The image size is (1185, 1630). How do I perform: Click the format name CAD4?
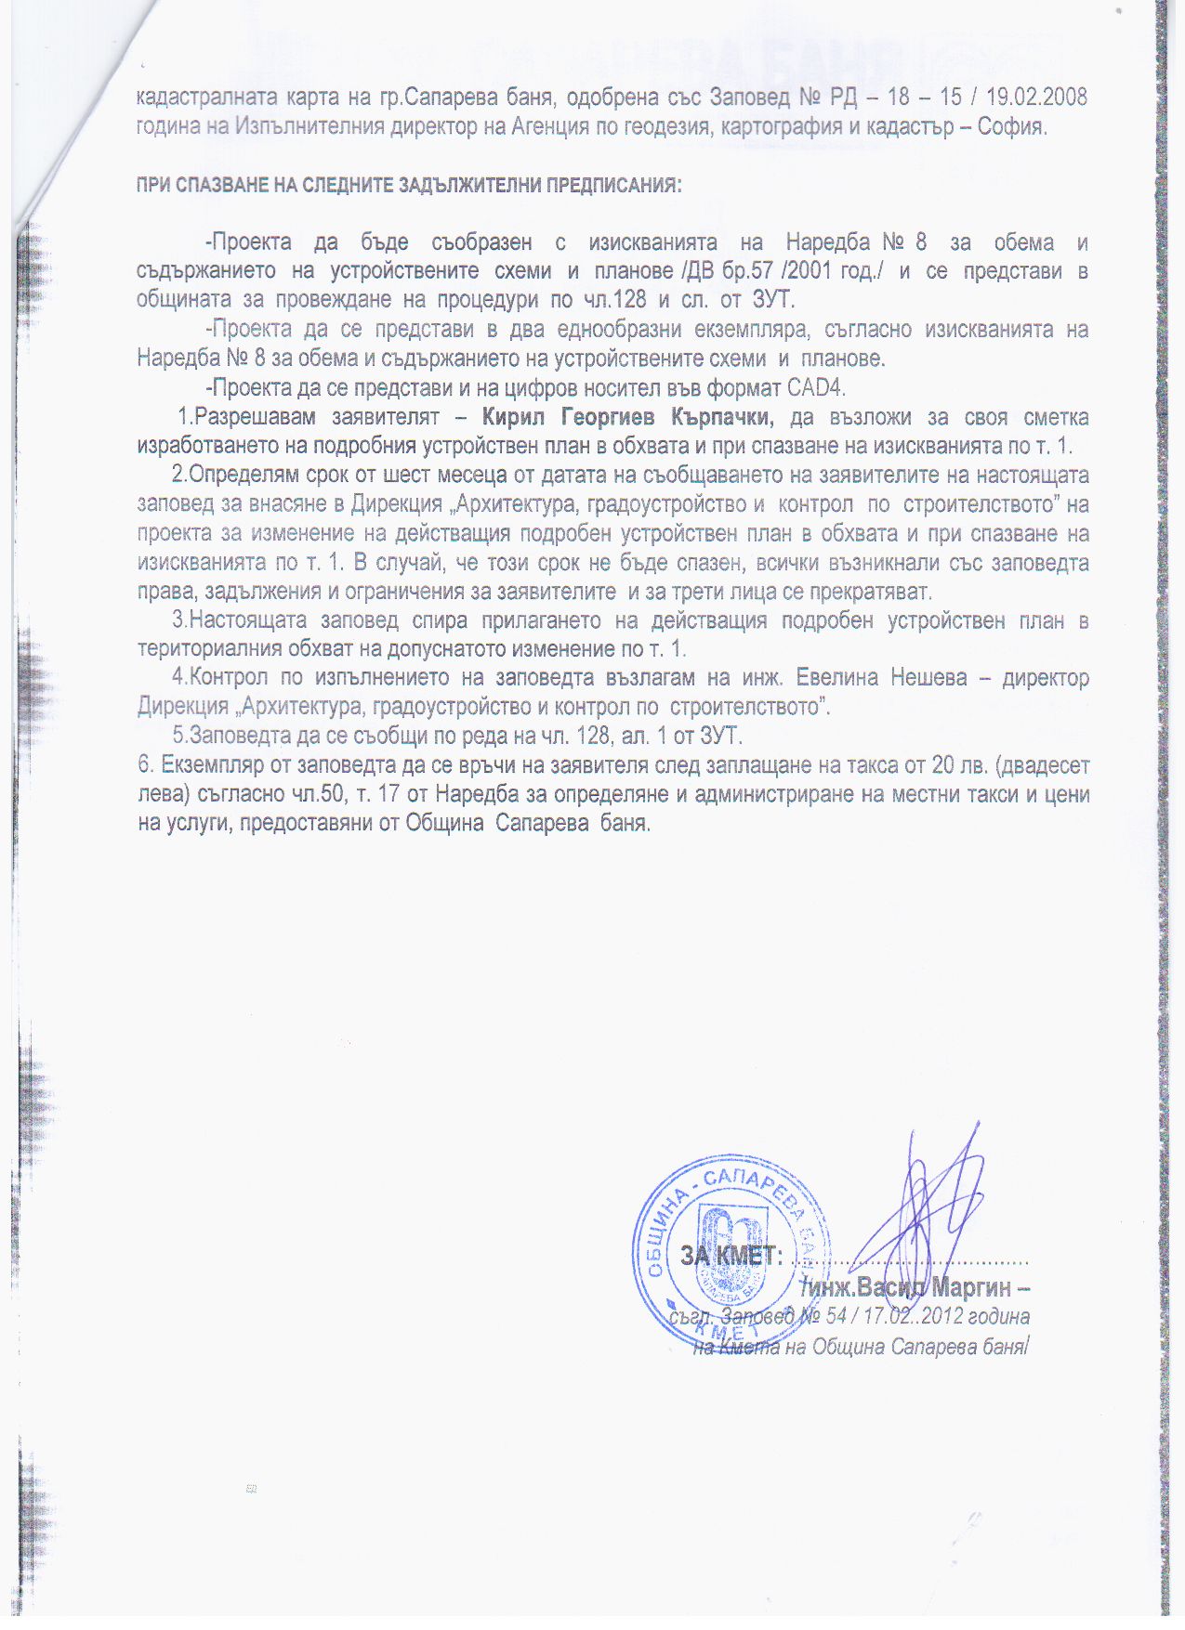(x=815, y=387)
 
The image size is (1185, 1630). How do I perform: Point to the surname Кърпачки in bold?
(x=722, y=417)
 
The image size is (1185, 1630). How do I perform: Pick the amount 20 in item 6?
(x=944, y=765)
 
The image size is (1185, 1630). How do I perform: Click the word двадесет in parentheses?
(x=1045, y=765)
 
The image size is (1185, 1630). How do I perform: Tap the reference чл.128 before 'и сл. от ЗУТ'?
(x=616, y=300)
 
